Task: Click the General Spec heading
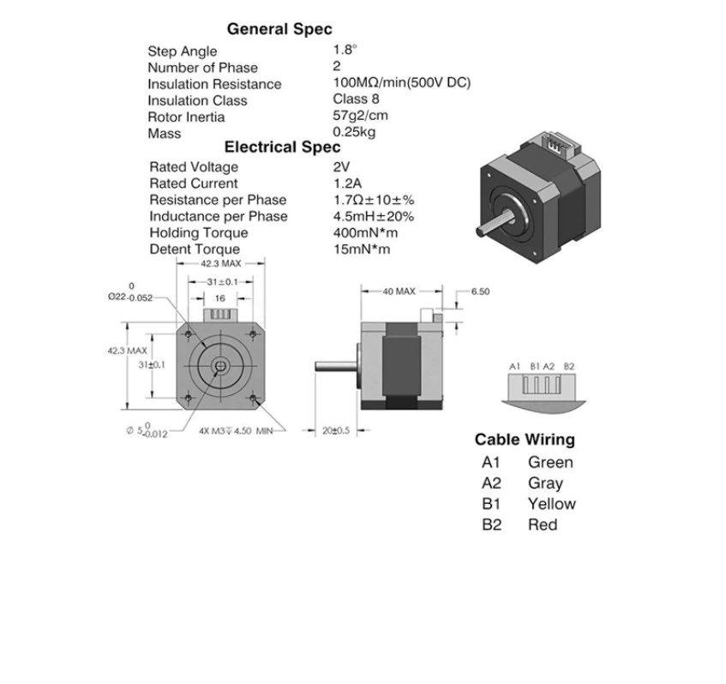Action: point(279,29)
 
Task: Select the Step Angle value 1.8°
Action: point(345,50)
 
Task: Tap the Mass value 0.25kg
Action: point(354,132)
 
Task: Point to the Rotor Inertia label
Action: point(186,117)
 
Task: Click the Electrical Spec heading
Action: point(283,147)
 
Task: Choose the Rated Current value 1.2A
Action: point(347,183)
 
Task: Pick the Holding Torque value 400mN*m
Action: point(365,232)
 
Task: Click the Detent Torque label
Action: point(195,249)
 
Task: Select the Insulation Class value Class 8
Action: point(356,99)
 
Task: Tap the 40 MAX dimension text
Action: point(399,291)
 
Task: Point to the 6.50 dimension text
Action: point(480,291)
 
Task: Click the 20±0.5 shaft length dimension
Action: point(336,430)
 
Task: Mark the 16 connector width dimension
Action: point(220,298)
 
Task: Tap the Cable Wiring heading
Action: point(525,440)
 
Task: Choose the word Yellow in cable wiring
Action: point(552,504)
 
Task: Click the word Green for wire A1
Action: point(550,462)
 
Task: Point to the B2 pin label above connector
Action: point(569,366)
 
